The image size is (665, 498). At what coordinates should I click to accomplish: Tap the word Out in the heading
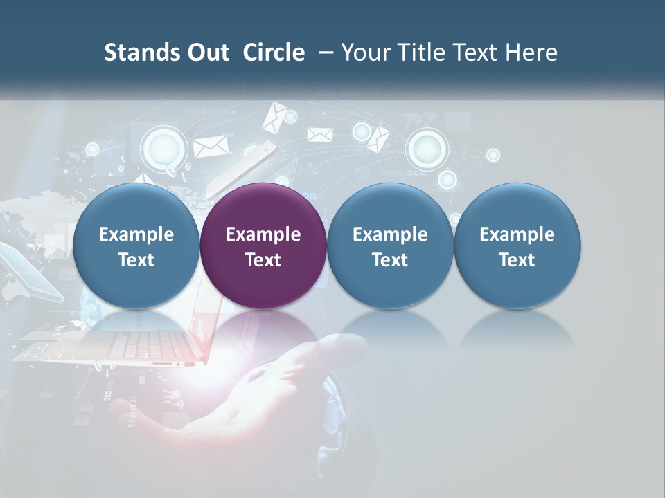click(206, 53)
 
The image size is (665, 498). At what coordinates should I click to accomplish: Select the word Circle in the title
click(274, 53)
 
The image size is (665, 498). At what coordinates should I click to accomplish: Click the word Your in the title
click(364, 53)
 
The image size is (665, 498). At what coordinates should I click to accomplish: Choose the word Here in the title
click(532, 53)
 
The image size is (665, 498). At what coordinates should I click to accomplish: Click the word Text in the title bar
click(473, 53)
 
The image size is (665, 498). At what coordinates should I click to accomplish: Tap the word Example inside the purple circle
click(263, 234)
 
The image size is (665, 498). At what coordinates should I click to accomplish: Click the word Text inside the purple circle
click(263, 260)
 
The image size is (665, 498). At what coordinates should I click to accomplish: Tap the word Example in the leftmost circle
click(136, 234)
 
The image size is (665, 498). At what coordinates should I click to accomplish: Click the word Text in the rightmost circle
click(517, 260)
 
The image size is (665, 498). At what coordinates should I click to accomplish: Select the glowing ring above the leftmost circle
click(163, 147)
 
